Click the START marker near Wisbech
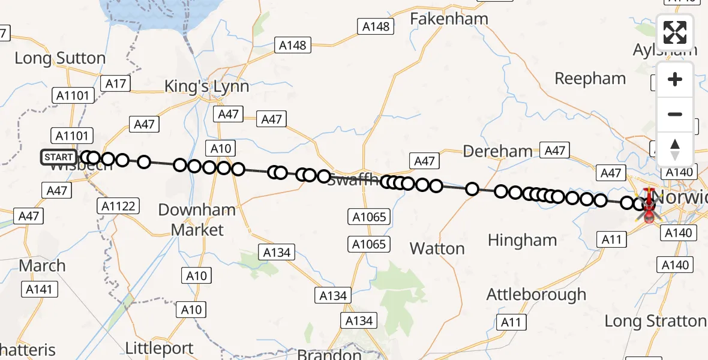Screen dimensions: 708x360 tap(59, 158)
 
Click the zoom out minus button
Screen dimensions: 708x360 tap(675, 114)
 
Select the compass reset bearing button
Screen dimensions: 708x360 tap(675, 149)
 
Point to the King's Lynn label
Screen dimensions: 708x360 tap(206, 86)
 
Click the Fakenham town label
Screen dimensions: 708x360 tap(449, 19)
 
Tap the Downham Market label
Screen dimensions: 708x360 tap(197, 220)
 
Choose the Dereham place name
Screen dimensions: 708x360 tap(498, 151)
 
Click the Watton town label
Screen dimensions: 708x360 tap(437, 248)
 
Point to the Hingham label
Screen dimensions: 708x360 tap(522, 240)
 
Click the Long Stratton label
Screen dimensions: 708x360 tap(655, 321)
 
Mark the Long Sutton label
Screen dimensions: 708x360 tap(60, 58)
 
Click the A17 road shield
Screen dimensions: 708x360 tap(115, 83)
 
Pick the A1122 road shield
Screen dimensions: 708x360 tap(118, 206)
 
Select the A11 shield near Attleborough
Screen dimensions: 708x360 tap(511, 322)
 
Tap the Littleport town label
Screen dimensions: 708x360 tap(160, 348)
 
